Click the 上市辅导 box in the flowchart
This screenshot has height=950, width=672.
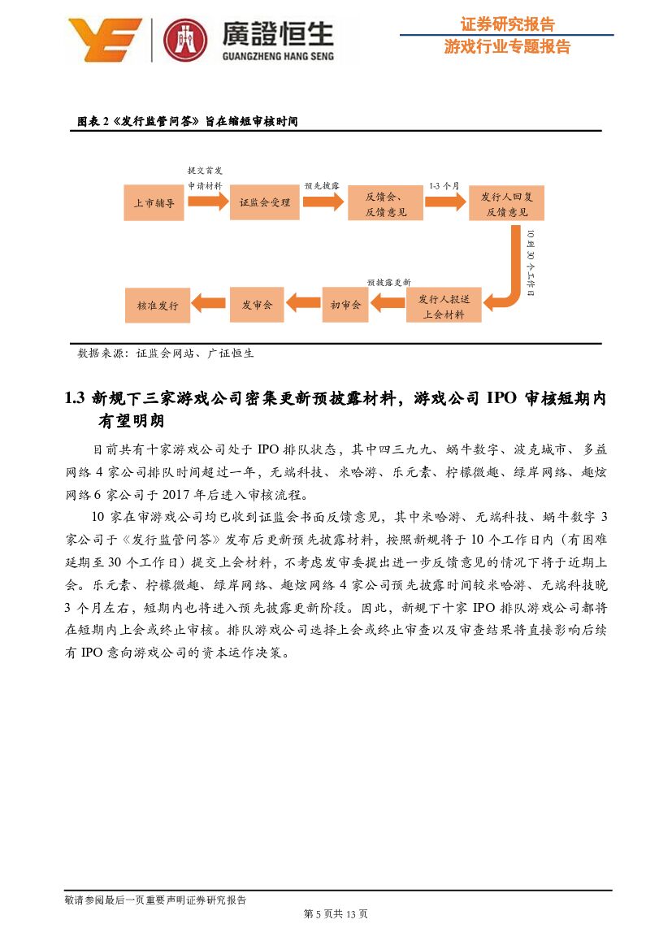pyautogui.click(x=154, y=202)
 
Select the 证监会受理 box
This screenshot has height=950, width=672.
pyautogui.click(x=265, y=202)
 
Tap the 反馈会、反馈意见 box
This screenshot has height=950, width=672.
pyautogui.click(x=385, y=202)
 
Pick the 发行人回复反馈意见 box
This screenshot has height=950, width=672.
pyautogui.click(x=506, y=202)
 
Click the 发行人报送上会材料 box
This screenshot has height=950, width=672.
pyautogui.click(x=444, y=306)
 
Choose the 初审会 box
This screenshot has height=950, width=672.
pyautogui.click(x=345, y=306)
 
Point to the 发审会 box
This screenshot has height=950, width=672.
pyautogui.click(x=257, y=306)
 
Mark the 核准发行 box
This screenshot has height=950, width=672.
pyautogui.click(x=158, y=306)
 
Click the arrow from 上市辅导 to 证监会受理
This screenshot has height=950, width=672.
pyautogui.click(x=208, y=201)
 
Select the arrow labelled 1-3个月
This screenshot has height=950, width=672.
pyautogui.click(x=446, y=201)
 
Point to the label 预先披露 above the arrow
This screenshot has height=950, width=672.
pyautogui.click(x=322, y=186)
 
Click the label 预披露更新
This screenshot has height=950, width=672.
pyautogui.click(x=388, y=282)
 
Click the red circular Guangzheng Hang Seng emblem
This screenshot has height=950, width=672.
pyautogui.click(x=185, y=40)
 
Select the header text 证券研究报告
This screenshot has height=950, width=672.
pyautogui.click(x=507, y=24)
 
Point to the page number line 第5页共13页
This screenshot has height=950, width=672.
pyautogui.click(x=336, y=914)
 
